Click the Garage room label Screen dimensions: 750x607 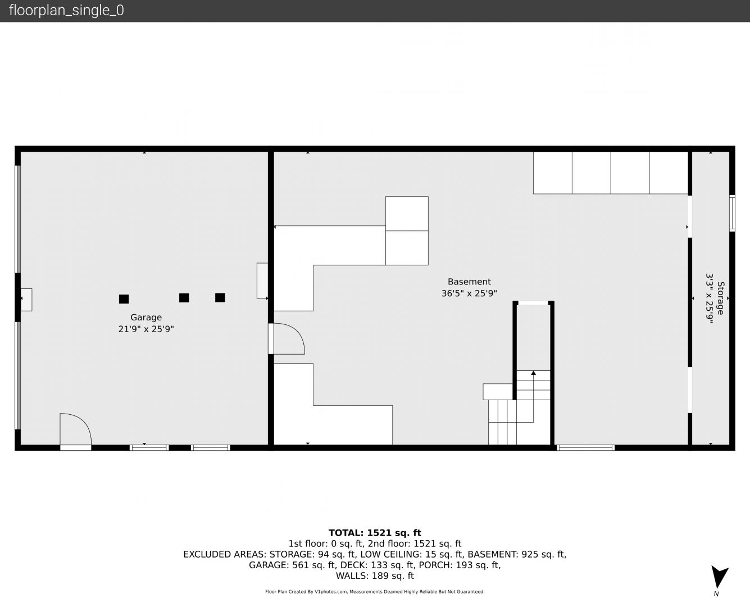(x=146, y=318)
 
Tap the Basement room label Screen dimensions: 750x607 (x=469, y=282)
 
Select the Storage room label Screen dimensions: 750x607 (x=720, y=298)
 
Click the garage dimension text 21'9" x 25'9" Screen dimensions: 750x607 (x=146, y=329)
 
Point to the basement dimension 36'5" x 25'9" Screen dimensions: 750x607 (x=469, y=293)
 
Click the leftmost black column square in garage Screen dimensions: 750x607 (x=124, y=299)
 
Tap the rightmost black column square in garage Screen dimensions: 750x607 (x=220, y=298)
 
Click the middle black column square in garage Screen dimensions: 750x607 (x=184, y=298)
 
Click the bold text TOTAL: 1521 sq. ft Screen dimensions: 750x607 (x=375, y=533)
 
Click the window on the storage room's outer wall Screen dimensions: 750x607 (x=732, y=213)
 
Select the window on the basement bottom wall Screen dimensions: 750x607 (x=585, y=448)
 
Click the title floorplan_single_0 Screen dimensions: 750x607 (x=66, y=11)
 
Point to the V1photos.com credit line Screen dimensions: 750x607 (x=375, y=591)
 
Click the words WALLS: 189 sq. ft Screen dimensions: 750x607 (x=375, y=576)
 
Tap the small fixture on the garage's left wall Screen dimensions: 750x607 (x=26, y=300)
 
